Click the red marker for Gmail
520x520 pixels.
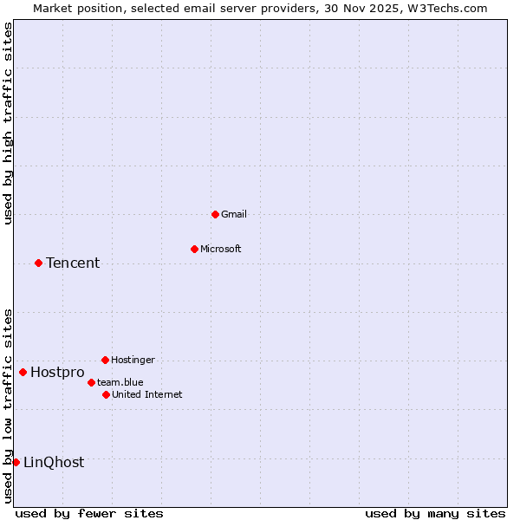click(215, 214)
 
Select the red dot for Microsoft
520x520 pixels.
click(194, 249)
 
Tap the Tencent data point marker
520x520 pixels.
click(38, 263)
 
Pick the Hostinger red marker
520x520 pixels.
click(105, 360)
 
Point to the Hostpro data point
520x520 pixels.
click(23, 373)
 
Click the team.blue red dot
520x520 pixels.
click(91, 382)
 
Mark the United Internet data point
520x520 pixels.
click(106, 394)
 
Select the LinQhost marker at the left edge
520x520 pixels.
click(16, 462)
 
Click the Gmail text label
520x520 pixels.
click(234, 214)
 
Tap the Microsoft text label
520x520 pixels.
click(221, 249)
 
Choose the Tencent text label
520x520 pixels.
click(73, 263)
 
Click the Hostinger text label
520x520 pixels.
click(133, 360)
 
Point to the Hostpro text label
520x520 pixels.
click(57, 373)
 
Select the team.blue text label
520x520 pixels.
click(120, 382)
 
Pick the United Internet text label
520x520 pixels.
click(147, 394)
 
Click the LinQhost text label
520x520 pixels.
click(54, 463)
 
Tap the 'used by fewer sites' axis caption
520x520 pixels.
click(89, 513)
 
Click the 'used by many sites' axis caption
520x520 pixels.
click(435, 513)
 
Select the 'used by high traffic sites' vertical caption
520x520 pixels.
click(9, 124)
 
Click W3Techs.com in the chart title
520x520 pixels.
click(446, 8)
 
